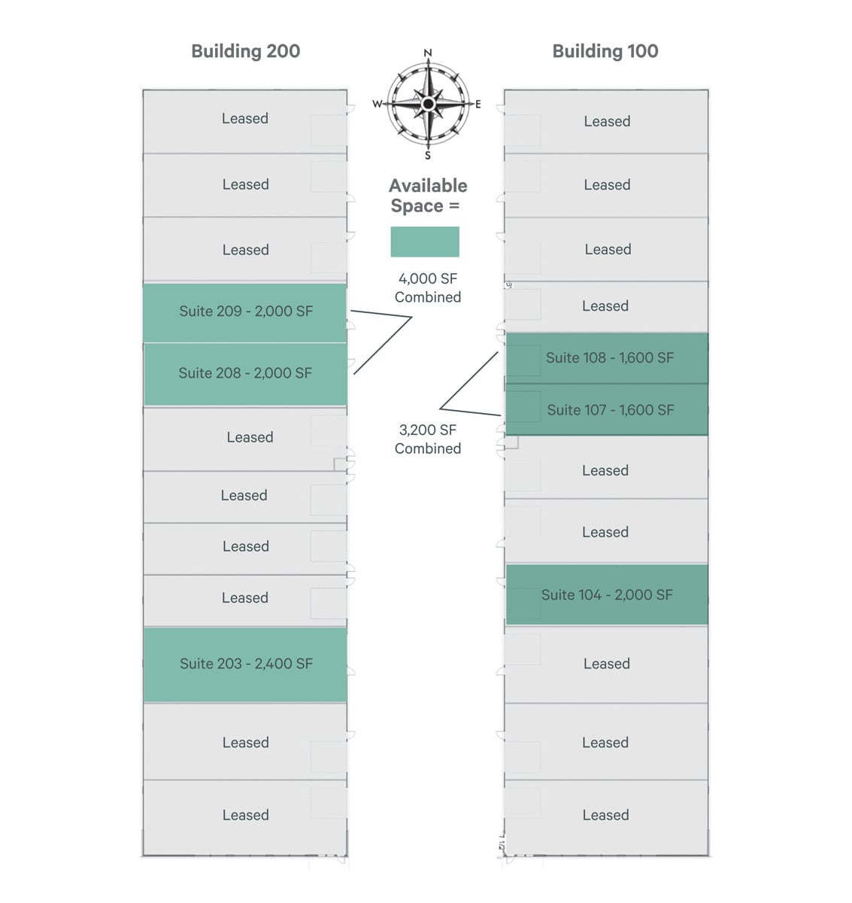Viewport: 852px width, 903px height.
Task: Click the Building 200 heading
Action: tap(245, 51)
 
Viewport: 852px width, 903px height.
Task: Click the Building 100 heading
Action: tap(605, 51)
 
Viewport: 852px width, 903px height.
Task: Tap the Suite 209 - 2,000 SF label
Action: tap(246, 312)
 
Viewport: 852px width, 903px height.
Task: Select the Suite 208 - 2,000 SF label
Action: tap(245, 373)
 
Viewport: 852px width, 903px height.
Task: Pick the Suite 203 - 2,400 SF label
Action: tap(246, 664)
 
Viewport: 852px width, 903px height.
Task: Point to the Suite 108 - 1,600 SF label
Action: tap(609, 358)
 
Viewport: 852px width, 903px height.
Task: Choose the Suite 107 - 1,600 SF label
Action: tap(610, 410)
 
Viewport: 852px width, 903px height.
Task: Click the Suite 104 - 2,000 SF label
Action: tap(607, 595)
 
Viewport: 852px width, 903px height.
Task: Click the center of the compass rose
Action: tap(428, 103)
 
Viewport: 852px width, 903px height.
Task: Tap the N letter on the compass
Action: tap(428, 53)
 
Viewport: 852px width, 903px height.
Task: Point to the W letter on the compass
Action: tap(377, 104)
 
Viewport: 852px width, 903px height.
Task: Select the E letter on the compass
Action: tap(478, 105)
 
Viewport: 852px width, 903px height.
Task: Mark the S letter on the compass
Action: tap(428, 156)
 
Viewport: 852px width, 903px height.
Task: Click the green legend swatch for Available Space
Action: tap(425, 242)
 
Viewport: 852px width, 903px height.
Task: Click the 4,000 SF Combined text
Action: tap(428, 288)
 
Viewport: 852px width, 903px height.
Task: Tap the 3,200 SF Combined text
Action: tap(428, 439)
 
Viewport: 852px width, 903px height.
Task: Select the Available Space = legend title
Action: tap(428, 196)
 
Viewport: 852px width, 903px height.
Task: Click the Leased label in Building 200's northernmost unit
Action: tap(245, 119)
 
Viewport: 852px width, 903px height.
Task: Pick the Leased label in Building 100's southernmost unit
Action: tap(605, 815)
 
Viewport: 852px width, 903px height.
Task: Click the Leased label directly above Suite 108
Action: tap(605, 306)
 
